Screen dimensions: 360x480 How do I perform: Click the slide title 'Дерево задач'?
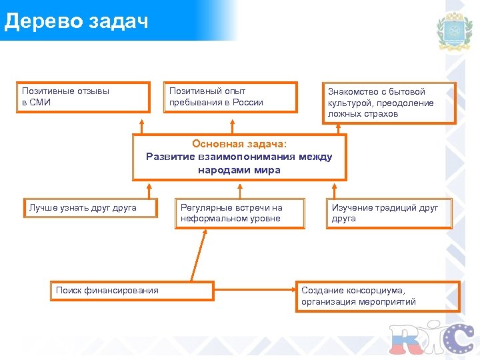pos(75,21)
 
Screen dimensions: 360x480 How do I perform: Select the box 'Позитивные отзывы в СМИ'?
pos(83,97)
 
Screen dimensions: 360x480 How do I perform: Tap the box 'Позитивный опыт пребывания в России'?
pos(230,97)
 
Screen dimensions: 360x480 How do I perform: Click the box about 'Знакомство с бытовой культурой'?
pos(390,103)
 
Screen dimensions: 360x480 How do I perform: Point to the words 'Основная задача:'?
pos(239,143)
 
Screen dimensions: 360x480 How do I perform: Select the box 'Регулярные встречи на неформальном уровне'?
pos(239,213)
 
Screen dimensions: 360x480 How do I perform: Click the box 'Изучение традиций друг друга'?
pos(389,213)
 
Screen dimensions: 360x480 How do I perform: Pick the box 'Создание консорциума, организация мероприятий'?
pos(377,296)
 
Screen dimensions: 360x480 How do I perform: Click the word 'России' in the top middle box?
pos(248,103)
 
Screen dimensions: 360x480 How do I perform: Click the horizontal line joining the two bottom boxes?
pos(255,291)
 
